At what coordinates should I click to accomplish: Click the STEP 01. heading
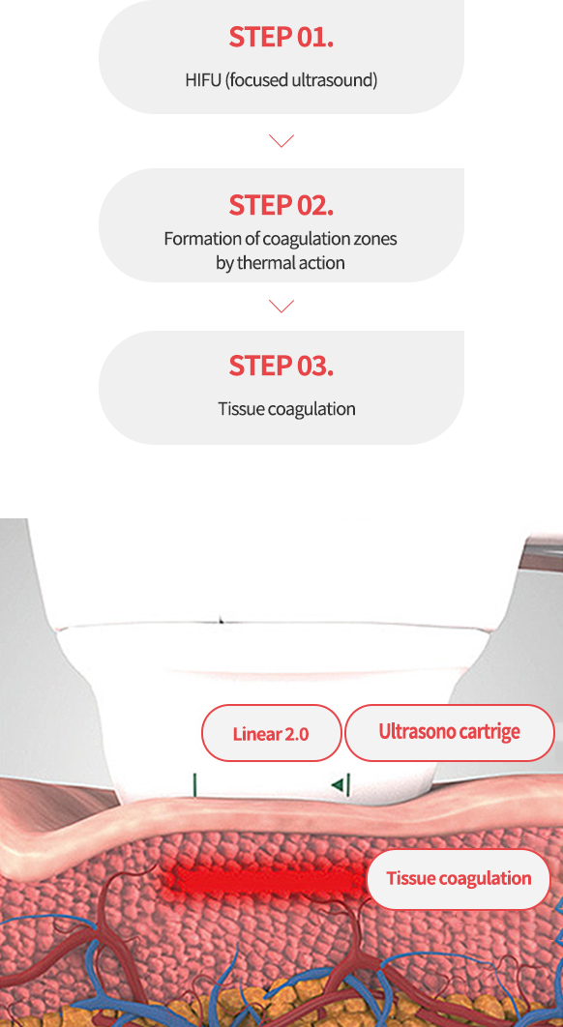(x=281, y=38)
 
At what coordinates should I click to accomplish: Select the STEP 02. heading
(x=281, y=205)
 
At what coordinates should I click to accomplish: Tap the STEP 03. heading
(x=281, y=366)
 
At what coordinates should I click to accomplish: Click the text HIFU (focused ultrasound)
(x=281, y=80)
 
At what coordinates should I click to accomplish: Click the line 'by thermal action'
(x=281, y=263)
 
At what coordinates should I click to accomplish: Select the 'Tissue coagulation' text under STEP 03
(x=286, y=409)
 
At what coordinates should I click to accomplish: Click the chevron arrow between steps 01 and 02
(x=281, y=141)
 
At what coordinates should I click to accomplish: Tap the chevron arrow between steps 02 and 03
(x=281, y=306)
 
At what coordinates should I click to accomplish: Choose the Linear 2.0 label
(x=271, y=734)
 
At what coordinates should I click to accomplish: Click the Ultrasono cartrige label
(x=450, y=732)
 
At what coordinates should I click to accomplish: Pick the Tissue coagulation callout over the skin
(x=459, y=879)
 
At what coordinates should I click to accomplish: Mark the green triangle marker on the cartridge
(x=337, y=784)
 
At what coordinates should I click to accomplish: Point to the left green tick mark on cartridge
(x=194, y=784)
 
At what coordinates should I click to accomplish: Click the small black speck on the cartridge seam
(x=221, y=618)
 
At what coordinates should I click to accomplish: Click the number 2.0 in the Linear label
(x=296, y=734)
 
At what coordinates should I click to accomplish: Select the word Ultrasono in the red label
(x=411, y=732)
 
